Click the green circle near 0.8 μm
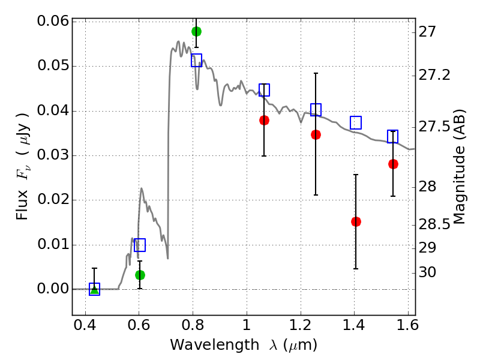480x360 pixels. coord(196,31)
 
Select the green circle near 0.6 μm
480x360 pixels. coord(140,275)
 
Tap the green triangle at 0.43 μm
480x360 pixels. coord(94,290)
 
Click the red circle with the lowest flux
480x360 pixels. coord(356,221)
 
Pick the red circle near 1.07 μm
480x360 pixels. coord(264,120)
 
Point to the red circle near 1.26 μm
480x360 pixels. coord(316,134)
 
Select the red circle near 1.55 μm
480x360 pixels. coord(393,164)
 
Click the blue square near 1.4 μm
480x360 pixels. coord(356,122)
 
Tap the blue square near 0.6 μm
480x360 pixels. coord(140,245)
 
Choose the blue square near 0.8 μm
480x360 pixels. coord(196,60)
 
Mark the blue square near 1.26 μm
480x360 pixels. coord(316,110)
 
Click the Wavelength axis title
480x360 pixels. coord(243,345)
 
